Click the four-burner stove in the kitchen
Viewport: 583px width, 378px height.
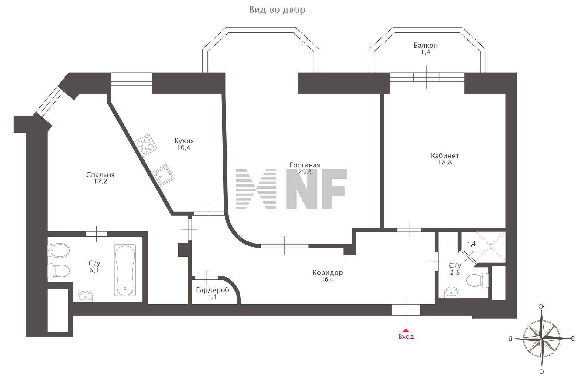[146, 145]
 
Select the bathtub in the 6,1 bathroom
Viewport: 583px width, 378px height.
[125, 270]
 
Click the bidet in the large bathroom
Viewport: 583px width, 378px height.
[59, 251]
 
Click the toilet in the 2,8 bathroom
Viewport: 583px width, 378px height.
[476, 280]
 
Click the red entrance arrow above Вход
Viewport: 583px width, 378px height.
[405, 331]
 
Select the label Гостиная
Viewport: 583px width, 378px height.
[305, 165]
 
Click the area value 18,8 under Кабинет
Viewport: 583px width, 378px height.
[445, 163]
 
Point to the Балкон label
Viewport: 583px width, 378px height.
[425, 46]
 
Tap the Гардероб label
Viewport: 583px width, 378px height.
[212, 290]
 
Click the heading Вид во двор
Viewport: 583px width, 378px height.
[277, 10]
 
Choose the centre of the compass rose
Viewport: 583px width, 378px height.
[542, 339]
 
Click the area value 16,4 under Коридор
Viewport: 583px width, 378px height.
[327, 279]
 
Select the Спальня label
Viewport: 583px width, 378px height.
[100, 175]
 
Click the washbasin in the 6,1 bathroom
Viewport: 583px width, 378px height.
[85, 296]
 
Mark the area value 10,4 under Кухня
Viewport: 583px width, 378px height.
[184, 148]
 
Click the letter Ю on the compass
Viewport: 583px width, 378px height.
[541, 307]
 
